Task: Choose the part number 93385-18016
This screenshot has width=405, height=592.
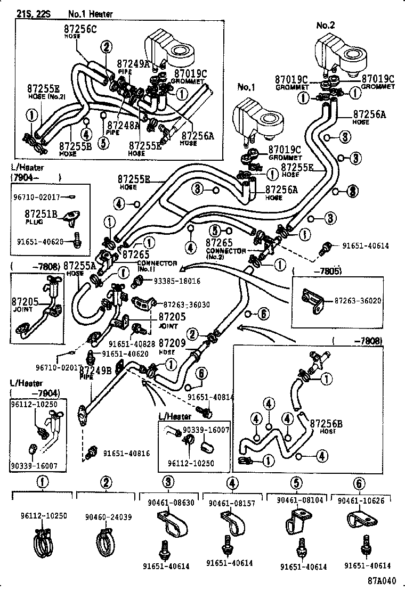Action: click(177, 281)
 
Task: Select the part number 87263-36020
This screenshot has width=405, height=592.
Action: click(358, 301)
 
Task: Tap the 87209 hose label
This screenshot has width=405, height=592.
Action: click(172, 344)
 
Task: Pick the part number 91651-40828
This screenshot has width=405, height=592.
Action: click(132, 344)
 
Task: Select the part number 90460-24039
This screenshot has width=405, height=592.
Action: click(106, 517)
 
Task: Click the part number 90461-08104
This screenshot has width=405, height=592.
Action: click(300, 501)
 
